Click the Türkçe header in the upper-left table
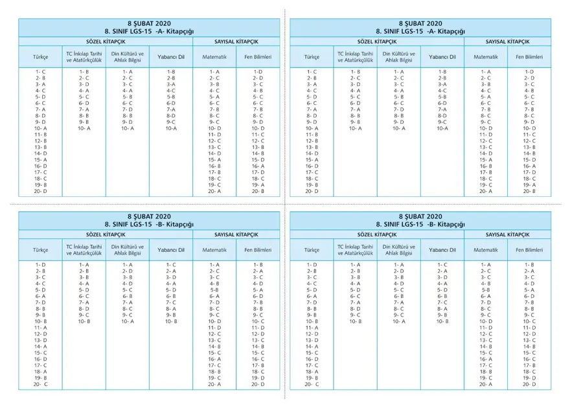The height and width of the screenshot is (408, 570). click(x=40, y=57)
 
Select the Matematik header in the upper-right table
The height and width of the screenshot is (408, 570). click(x=486, y=57)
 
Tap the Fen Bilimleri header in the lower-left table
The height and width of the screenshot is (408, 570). click(x=257, y=250)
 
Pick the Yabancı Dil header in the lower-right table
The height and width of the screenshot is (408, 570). click(x=442, y=250)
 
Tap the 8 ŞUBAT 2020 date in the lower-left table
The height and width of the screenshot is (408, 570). click(x=149, y=216)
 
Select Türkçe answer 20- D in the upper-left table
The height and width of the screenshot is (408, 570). click(x=40, y=191)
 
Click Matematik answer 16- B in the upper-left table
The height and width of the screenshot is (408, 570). click(x=214, y=166)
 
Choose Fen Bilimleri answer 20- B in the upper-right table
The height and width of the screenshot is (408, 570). click(x=529, y=191)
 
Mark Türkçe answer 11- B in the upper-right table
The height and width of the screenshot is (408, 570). click(x=312, y=135)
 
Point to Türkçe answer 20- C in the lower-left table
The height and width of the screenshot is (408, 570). click(x=40, y=385)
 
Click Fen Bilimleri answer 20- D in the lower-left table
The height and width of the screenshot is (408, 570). click(x=257, y=385)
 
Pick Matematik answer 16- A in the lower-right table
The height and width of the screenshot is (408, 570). click(x=486, y=359)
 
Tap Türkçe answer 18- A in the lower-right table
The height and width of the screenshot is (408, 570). click(x=312, y=372)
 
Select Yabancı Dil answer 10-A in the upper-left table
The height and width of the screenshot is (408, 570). click(x=171, y=128)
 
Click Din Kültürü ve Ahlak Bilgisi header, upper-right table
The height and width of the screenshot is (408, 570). click(x=399, y=57)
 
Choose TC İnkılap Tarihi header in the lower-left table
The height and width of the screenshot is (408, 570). click(x=84, y=250)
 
